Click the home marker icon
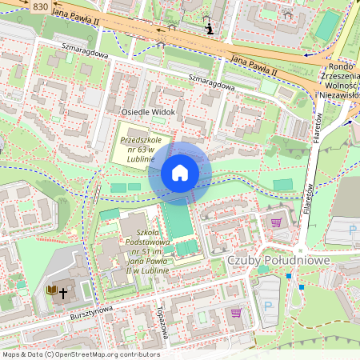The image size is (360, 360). pos(180,173)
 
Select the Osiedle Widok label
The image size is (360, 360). pos(148,112)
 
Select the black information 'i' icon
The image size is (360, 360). pos(210,30)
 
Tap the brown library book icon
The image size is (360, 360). pos(52,290)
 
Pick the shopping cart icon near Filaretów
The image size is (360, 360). pos(277,222)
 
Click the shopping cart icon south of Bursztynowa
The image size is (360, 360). pos(236,313)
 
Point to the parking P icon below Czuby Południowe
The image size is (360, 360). pos(268,306)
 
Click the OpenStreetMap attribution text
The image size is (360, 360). pos(80,354)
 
